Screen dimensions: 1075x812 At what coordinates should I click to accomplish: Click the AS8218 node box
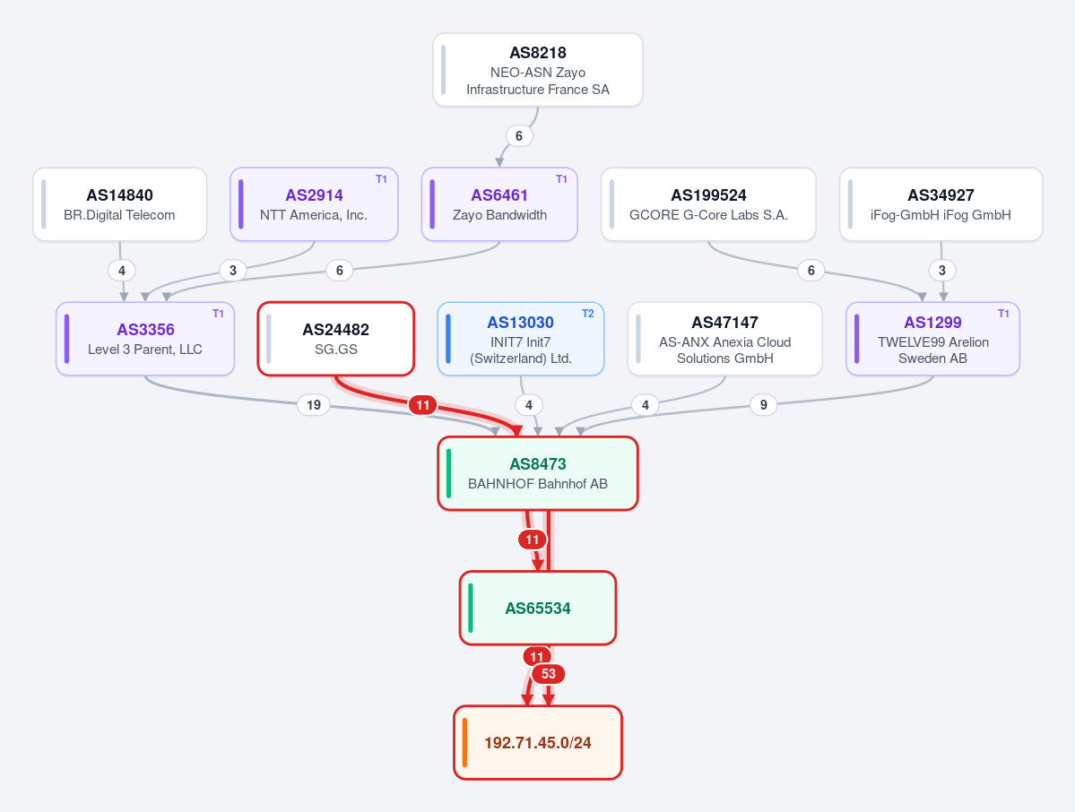tap(538, 70)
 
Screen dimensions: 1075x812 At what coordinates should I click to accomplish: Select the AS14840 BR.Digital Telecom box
tap(120, 204)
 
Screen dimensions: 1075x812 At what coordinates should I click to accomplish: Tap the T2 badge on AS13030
tap(587, 314)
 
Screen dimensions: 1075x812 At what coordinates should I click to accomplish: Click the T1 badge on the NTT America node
tap(381, 179)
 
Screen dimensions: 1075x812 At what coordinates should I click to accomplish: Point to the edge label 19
tap(313, 405)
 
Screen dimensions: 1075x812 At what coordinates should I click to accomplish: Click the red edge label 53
tap(549, 674)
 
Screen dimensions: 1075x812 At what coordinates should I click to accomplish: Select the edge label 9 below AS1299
tap(764, 405)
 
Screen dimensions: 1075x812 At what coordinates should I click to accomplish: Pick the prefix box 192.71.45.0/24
tap(538, 743)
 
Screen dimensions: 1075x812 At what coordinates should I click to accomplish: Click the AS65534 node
tap(538, 609)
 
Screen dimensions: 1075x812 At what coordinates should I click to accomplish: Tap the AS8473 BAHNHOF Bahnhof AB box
tap(538, 473)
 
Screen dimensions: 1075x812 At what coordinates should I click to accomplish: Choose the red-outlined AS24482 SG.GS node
tap(336, 339)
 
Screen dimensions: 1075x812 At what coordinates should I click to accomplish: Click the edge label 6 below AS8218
tap(519, 136)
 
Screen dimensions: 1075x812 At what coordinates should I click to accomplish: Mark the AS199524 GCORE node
tap(708, 204)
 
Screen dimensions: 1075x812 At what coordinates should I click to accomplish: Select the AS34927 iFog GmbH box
tap(941, 204)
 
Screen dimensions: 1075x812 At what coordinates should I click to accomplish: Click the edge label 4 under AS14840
tap(121, 271)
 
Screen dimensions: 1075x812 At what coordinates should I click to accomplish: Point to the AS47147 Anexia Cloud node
tap(724, 339)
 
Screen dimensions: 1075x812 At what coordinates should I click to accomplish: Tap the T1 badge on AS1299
tap(1003, 314)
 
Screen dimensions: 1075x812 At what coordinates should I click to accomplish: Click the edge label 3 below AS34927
tap(942, 271)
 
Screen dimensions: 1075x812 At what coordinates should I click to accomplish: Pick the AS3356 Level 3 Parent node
tap(145, 339)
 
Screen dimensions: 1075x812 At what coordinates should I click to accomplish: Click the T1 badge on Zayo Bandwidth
tap(560, 179)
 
